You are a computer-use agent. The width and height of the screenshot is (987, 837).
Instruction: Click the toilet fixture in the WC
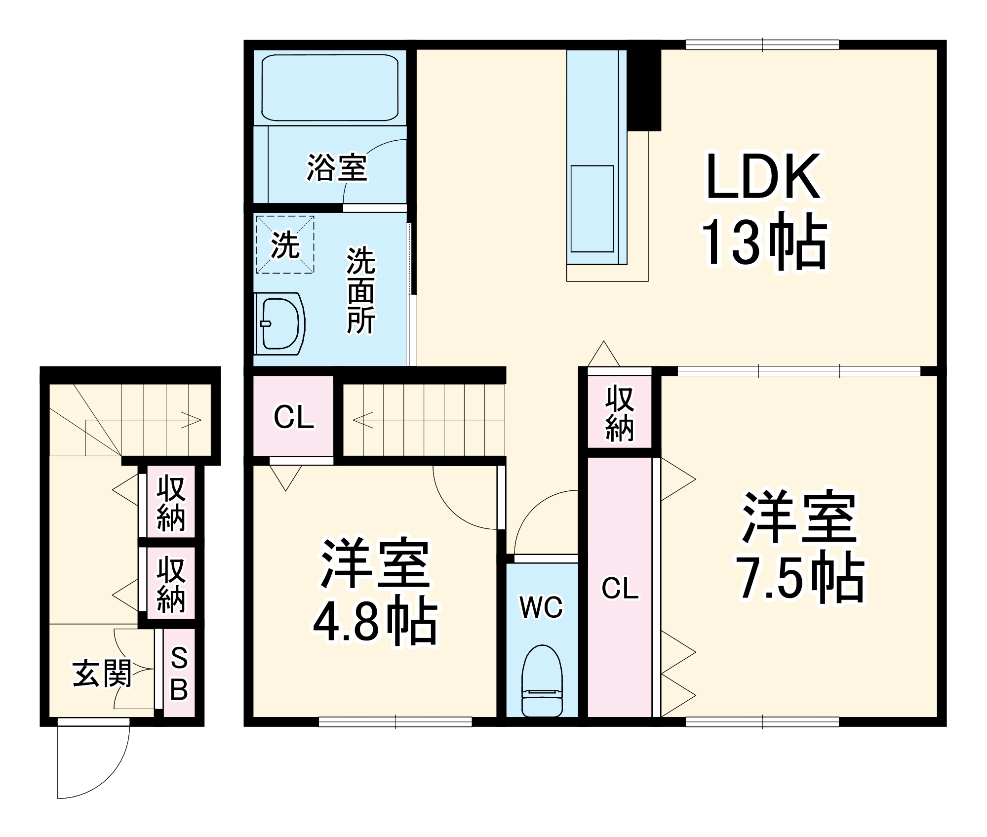pos(542,681)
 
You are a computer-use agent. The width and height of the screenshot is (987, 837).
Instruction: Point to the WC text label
pos(541,607)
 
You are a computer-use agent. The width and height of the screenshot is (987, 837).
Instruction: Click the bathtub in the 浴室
pos(330,88)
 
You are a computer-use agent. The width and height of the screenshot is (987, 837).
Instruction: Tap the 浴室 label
pos(337,167)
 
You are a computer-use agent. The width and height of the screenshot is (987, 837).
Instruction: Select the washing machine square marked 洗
pos(285,244)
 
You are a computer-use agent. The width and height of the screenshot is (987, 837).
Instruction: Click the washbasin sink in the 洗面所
pos(279,323)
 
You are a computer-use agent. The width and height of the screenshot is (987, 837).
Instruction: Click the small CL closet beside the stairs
pos(293,416)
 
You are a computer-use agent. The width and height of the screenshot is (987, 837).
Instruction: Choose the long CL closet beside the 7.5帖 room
pos(620,588)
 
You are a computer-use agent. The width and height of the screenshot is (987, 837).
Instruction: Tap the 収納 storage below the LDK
pos(619,413)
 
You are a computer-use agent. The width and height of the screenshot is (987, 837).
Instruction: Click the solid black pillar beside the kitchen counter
pos(644,89)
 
